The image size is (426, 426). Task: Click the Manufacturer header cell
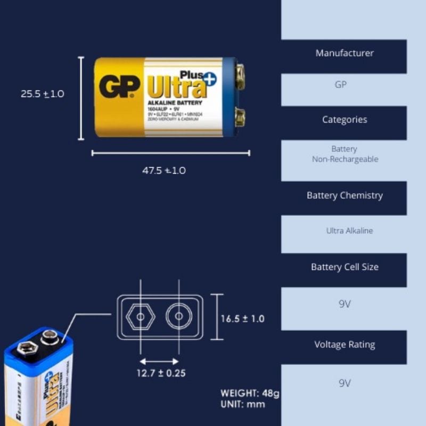(x=344, y=53)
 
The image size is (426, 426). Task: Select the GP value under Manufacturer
(x=341, y=85)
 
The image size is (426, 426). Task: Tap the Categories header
(x=344, y=120)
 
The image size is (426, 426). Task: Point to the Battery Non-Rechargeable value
(x=344, y=154)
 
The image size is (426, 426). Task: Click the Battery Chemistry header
(x=344, y=195)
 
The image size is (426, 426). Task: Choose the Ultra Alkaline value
(x=349, y=231)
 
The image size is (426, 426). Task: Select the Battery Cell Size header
(x=344, y=267)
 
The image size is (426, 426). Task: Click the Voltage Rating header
(x=344, y=345)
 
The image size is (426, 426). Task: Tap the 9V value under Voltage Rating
(x=345, y=383)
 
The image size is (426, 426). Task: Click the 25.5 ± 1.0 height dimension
(x=42, y=94)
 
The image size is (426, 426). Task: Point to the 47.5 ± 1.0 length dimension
(x=164, y=171)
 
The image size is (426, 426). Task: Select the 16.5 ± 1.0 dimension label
(x=242, y=319)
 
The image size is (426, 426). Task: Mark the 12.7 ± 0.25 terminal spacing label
(x=161, y=373)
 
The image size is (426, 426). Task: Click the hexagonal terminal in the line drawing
(x=140, y=317)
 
